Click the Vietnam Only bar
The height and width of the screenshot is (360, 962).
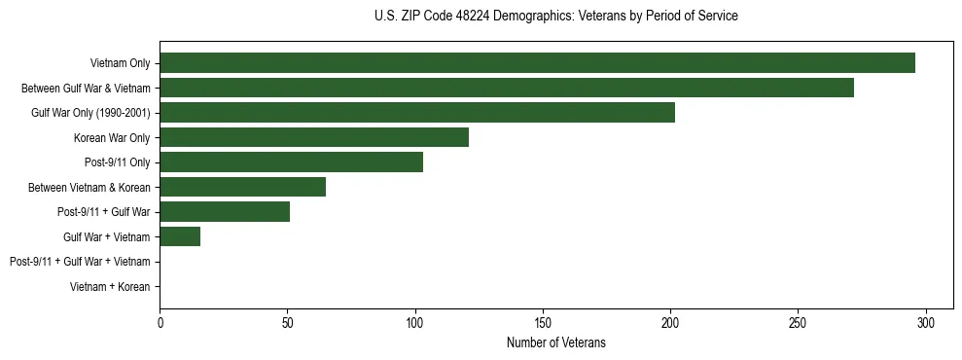[537, 63]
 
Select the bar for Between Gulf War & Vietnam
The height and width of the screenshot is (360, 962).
[507, 88]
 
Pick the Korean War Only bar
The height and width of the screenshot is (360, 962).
[314, 137]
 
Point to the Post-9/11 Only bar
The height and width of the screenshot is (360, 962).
[291, 162]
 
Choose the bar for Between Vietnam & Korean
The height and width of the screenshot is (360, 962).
[242, 187]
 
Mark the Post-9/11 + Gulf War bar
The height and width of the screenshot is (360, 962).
[225, 212]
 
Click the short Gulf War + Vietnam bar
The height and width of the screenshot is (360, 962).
[180, 236]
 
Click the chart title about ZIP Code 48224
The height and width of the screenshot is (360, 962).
[555, 17]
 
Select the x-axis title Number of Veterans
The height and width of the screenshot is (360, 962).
[555, 342]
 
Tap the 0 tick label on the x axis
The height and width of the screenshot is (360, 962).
[160, 322]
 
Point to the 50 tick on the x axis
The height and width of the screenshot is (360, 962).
[287, 322]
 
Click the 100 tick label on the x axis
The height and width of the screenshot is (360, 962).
[415, 322]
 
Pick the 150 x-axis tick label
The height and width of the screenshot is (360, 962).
[543, 322]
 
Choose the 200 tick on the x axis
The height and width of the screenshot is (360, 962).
[670, 322]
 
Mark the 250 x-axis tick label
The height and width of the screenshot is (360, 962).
[799, 322]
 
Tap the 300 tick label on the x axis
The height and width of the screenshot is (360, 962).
[926, 322]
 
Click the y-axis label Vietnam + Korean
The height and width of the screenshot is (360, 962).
[110, 287]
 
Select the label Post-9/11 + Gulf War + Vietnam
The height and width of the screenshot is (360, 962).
[80, 262]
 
